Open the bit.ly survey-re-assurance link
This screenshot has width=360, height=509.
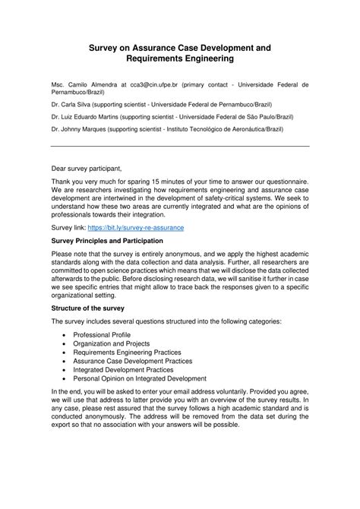click(x=147, y=227)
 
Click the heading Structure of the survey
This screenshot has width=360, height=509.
click(x=93, y=309)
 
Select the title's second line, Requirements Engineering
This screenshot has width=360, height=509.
click(x=179, y=58)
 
